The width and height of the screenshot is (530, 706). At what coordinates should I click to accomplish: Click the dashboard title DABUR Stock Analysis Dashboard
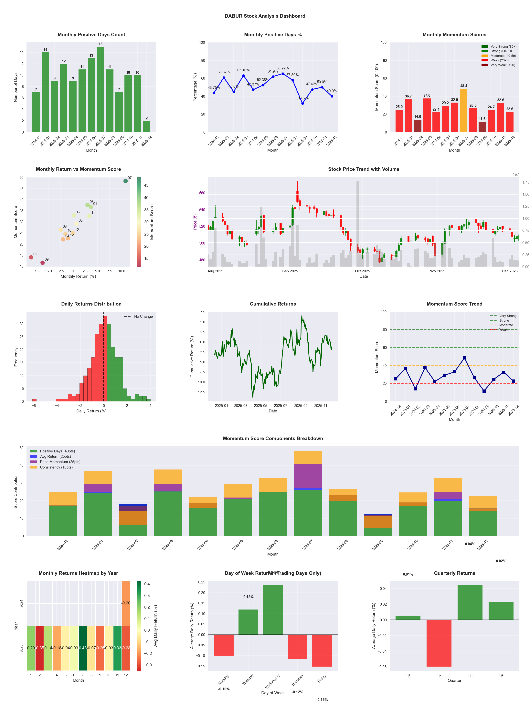[265, 16]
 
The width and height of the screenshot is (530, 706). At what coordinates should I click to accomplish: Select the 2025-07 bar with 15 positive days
[100, 89]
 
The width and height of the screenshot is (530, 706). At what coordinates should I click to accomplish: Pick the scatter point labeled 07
[126, 181]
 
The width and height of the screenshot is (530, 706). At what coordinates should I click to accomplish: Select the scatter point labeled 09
[42, 263]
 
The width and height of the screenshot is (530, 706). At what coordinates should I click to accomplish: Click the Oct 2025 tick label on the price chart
[362, 271]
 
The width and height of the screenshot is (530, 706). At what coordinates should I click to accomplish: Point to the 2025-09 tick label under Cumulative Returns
[301, 406]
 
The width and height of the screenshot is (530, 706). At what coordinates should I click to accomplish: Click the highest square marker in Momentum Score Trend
[464, 358]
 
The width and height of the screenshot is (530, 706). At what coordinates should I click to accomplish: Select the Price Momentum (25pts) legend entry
[60, 462]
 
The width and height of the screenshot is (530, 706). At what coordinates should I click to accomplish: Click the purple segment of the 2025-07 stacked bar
[308, 476]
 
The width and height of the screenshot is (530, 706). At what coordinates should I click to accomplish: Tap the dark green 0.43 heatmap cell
[83, 648]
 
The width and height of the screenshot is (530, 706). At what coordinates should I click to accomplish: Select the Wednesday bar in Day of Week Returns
[273, 610]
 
